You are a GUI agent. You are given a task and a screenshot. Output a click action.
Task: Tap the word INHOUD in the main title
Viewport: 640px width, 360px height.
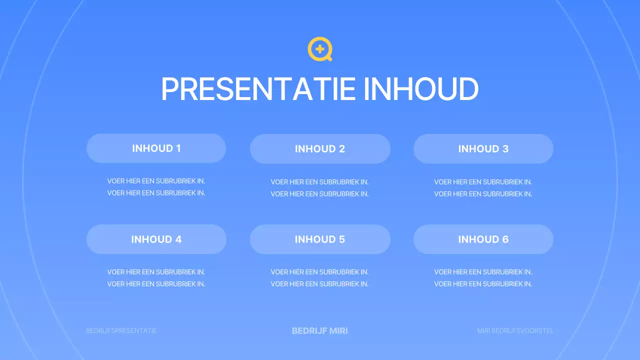tap(421, 89)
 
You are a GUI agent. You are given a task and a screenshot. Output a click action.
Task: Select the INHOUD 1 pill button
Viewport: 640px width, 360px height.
tap(156, 148)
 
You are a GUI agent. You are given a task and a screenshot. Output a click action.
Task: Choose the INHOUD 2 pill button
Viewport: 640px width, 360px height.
tap(320, 149)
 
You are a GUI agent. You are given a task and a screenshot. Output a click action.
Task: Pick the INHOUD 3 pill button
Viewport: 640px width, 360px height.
tap(483, 149)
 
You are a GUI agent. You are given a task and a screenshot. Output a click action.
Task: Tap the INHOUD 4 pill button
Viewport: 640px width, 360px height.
tap(156, 239)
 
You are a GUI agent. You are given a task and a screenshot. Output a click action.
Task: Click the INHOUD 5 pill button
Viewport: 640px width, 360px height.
tap(320, 239)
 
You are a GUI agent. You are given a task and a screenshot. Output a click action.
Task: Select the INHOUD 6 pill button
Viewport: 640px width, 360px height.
tap(483, 239)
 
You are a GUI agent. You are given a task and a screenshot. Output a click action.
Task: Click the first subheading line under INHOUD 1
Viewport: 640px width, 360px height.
tap(156, 181)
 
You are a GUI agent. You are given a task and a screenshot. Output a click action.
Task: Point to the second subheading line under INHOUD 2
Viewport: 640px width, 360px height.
tap(319, 194)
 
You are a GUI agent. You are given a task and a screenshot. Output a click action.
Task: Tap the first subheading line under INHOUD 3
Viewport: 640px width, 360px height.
tap(483, 182)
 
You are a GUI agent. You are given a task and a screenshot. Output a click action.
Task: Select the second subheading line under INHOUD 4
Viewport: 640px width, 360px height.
tap(156, 284)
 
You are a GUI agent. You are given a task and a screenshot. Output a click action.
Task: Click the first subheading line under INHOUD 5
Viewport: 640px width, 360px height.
tap(319, 272)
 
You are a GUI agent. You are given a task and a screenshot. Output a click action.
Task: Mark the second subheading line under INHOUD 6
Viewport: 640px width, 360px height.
tap(483, 284)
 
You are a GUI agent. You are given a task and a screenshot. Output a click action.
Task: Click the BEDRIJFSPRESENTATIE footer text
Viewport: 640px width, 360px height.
tap(121, 331)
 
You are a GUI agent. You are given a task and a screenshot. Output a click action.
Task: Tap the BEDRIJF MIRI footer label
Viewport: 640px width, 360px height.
tap(320, 331)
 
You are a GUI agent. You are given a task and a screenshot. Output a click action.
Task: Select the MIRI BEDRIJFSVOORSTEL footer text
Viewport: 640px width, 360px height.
tap(515, 331)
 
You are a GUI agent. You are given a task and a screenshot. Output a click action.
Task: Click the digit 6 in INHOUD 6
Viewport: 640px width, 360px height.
tap(505, 239)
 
